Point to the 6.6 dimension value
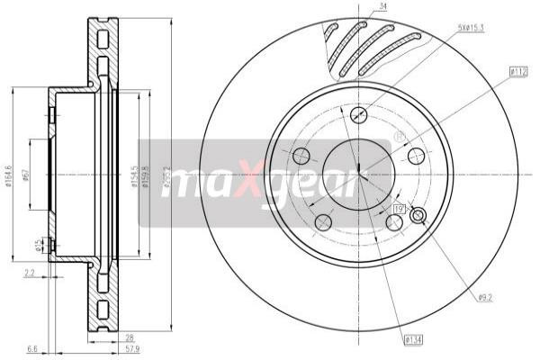click(x=32, y=346)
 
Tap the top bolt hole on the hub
click(x=358, y=114)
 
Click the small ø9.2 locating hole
click(x=417, y=215)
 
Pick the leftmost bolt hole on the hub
click(x=301, y=155)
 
